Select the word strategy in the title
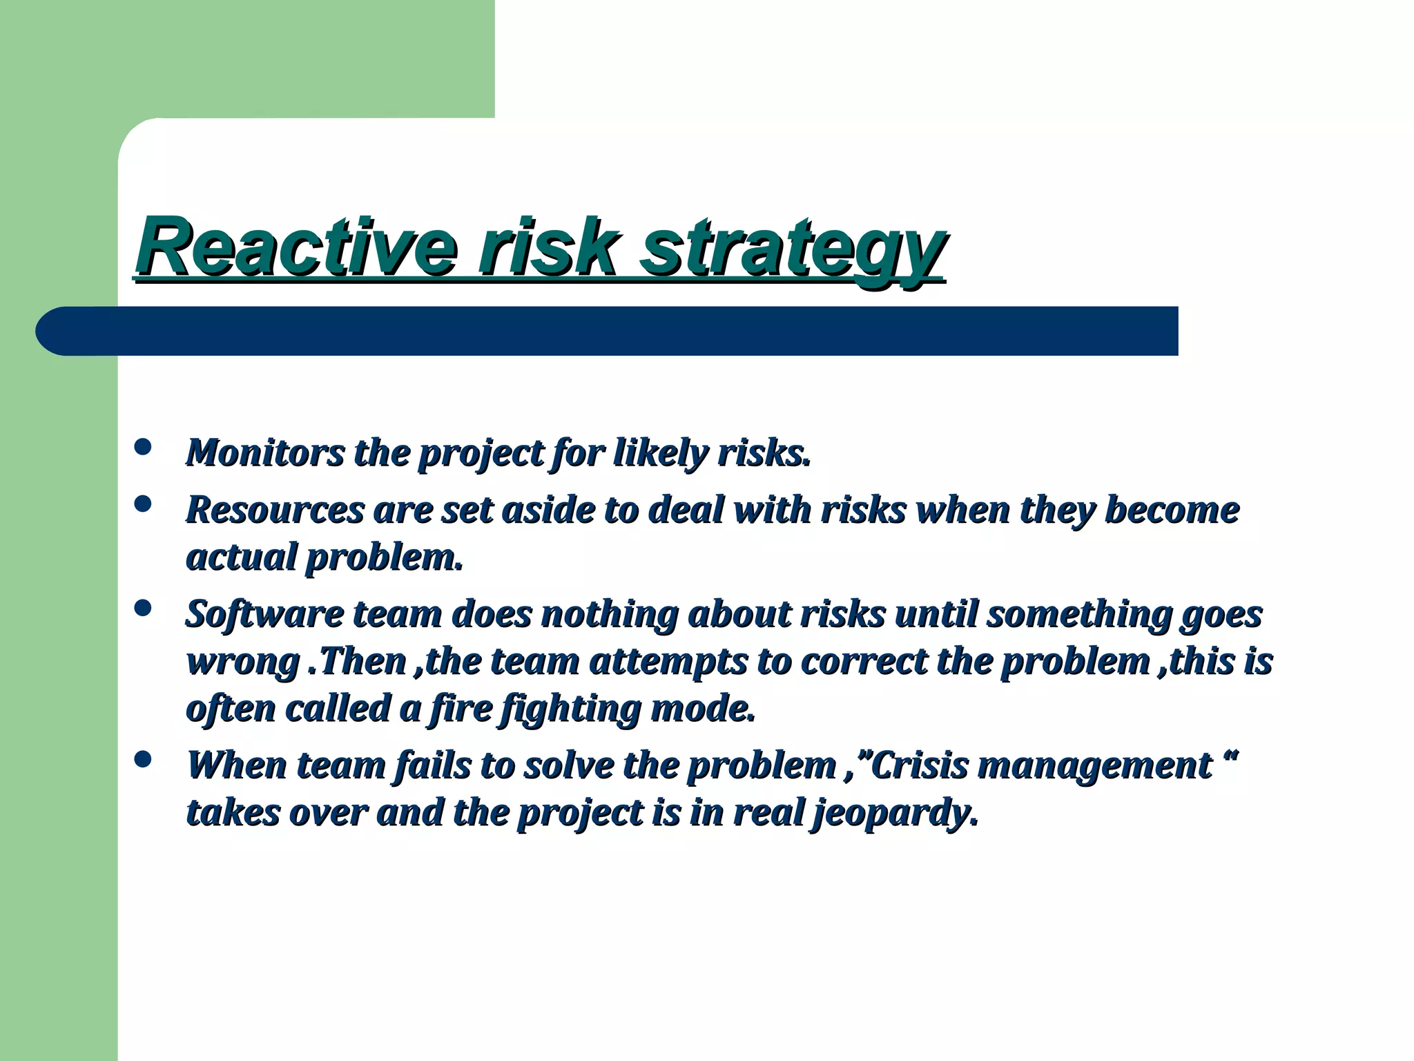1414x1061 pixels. (x=791, y=249)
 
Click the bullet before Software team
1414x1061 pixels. (x=143, y=608)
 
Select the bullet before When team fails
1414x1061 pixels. (x=143, y=760)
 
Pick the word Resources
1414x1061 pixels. (x=275, y=510)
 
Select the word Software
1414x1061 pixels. (x=264, y=614)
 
